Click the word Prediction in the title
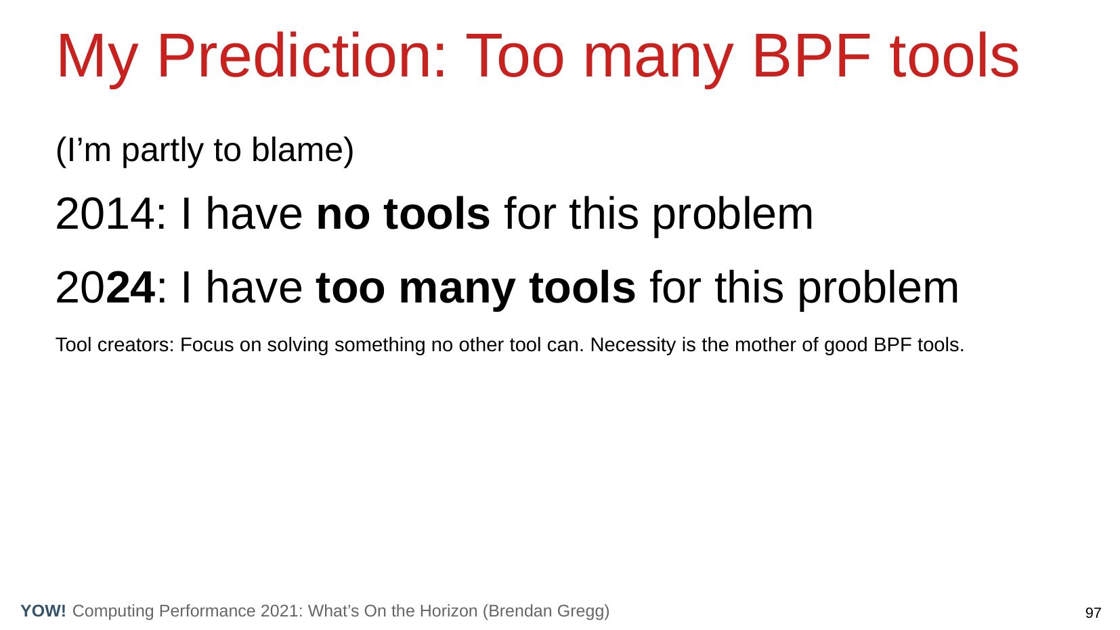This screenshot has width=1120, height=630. pyautogui.click(x=301, y=56)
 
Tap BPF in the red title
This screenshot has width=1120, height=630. pyautogui.click(x=811, y=56)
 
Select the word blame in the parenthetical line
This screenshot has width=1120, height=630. pyautogui.click(x=303, y=150)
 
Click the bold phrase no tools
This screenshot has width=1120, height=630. pyautogui.click(x=403, y=214)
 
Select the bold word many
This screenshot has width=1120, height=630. pyautogui.click(x=457, y=289)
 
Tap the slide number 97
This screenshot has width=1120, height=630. pyautogui.click(x=1093, y=612)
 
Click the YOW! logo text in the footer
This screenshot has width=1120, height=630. pyautogui.click(x=43, y=610)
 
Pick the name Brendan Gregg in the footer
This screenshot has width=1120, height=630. pyautogui.click(x=546, y=611)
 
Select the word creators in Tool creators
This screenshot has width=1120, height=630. pyautogui.click(x=135, y=345)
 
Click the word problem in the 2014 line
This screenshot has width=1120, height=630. pyautogui.click(x=733, y=215)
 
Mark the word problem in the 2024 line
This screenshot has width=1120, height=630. pyautogui.click(x=878, y=289)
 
